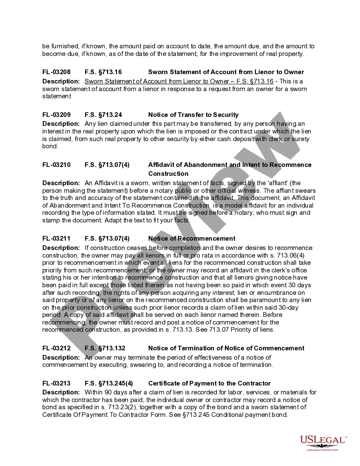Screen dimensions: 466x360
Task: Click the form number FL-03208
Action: (56, 72)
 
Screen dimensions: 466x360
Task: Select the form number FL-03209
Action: (56, 115)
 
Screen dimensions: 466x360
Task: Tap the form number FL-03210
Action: (56, 165)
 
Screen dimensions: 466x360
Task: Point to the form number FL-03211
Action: (56, 239)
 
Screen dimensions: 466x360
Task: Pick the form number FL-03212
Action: (56, 348)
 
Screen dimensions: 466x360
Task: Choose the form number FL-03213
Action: (56, 383)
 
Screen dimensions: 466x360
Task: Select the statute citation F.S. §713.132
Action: (105, 348)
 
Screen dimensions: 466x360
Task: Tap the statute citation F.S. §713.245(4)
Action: (109, 383)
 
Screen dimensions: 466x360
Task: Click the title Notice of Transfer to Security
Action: (193, 115)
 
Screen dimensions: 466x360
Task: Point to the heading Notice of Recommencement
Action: (191, 239)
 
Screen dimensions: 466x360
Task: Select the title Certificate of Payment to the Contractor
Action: (209, 383)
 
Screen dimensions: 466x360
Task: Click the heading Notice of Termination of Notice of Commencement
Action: (226, 348)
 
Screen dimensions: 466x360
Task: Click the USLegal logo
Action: (323, 443)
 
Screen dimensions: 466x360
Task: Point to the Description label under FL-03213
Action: (61, 392)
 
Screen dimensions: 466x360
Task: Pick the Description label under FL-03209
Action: (61, 124)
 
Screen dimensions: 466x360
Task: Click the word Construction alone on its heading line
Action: (168, 174)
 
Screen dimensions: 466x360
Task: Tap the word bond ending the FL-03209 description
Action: (50, 147)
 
